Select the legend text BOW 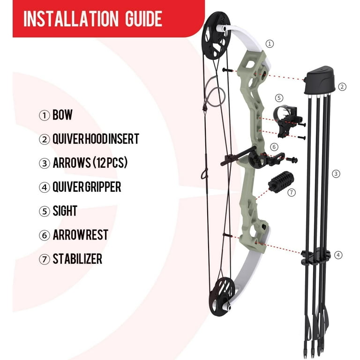tap(62, 115)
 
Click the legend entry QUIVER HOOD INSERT tap(96, 139)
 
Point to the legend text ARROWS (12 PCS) tap(90, 163)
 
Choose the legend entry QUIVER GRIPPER tap(87, 187)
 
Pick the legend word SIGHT tap(65, 211)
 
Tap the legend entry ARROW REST tap(80, 235)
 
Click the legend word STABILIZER tap(77, 259)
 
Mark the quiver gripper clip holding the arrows tap(315, 255)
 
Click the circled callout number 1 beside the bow tap(270, 43)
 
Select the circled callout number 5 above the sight tap(279, 98)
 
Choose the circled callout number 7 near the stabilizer tap(291, 193)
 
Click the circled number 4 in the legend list tap(45, 187)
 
